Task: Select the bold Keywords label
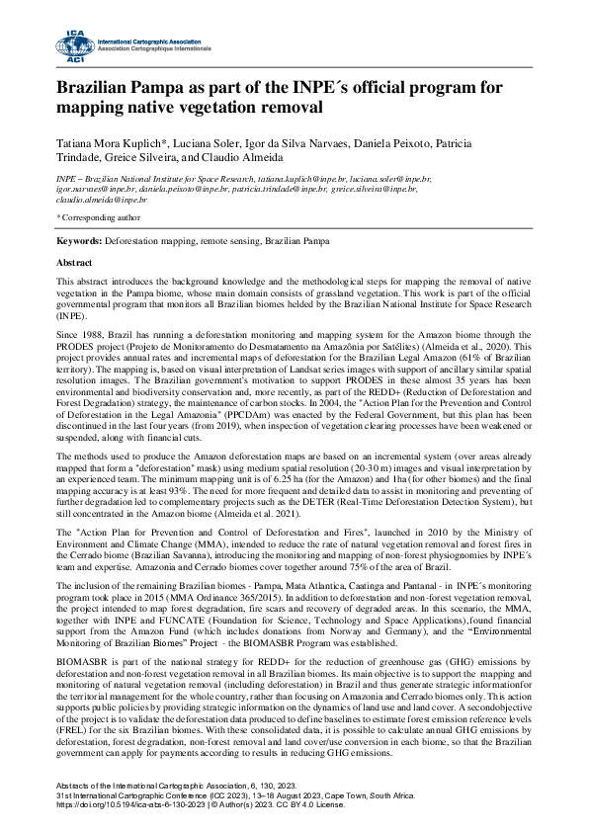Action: (x=77, y=240)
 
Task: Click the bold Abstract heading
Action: (x=75, y=263)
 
